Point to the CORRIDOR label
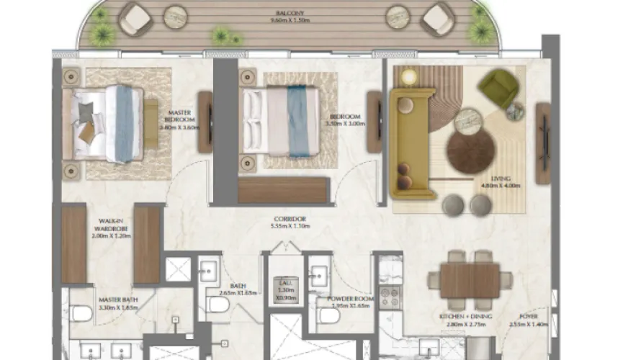[290, 219]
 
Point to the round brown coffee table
[468, 151]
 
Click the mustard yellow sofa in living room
[411, 144]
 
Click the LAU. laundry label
[285, 286]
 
